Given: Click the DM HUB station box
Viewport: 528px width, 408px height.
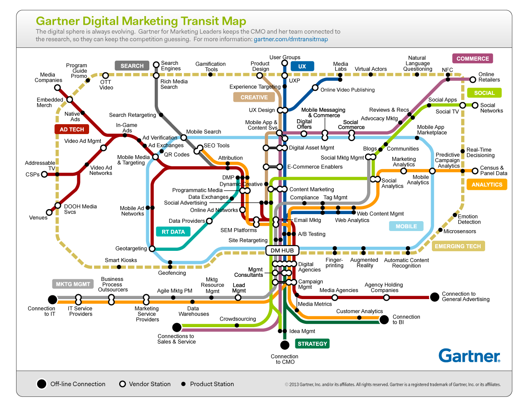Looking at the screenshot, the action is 282,250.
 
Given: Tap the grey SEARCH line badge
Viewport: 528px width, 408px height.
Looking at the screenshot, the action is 132,66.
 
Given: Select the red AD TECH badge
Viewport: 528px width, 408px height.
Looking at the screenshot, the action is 72,129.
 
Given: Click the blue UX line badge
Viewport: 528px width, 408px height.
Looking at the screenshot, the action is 302,66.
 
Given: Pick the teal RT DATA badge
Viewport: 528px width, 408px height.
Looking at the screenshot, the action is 173,231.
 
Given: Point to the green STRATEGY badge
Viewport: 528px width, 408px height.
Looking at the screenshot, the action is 312,344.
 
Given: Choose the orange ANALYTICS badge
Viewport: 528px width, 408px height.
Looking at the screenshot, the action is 487,184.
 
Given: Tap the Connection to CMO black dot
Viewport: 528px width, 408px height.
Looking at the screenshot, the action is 285,345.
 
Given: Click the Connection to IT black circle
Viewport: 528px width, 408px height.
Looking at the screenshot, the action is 52,300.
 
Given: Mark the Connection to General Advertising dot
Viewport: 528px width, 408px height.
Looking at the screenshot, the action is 434,297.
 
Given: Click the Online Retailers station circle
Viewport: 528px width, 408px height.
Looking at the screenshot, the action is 473,80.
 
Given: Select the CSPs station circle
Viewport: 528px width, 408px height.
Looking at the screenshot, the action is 44,174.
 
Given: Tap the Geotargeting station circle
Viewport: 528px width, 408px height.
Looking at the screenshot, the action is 152,249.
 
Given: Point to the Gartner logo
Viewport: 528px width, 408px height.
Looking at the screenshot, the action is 469,356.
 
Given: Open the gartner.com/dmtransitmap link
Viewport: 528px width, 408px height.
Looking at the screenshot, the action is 291,39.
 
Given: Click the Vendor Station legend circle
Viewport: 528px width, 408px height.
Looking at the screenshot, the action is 123,384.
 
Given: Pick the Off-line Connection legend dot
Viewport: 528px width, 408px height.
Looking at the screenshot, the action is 42,384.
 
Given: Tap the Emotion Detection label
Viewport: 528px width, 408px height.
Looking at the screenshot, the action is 469,219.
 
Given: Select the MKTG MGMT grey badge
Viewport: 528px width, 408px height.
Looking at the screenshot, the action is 73,284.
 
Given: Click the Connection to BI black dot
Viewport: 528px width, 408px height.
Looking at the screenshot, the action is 384,320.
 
